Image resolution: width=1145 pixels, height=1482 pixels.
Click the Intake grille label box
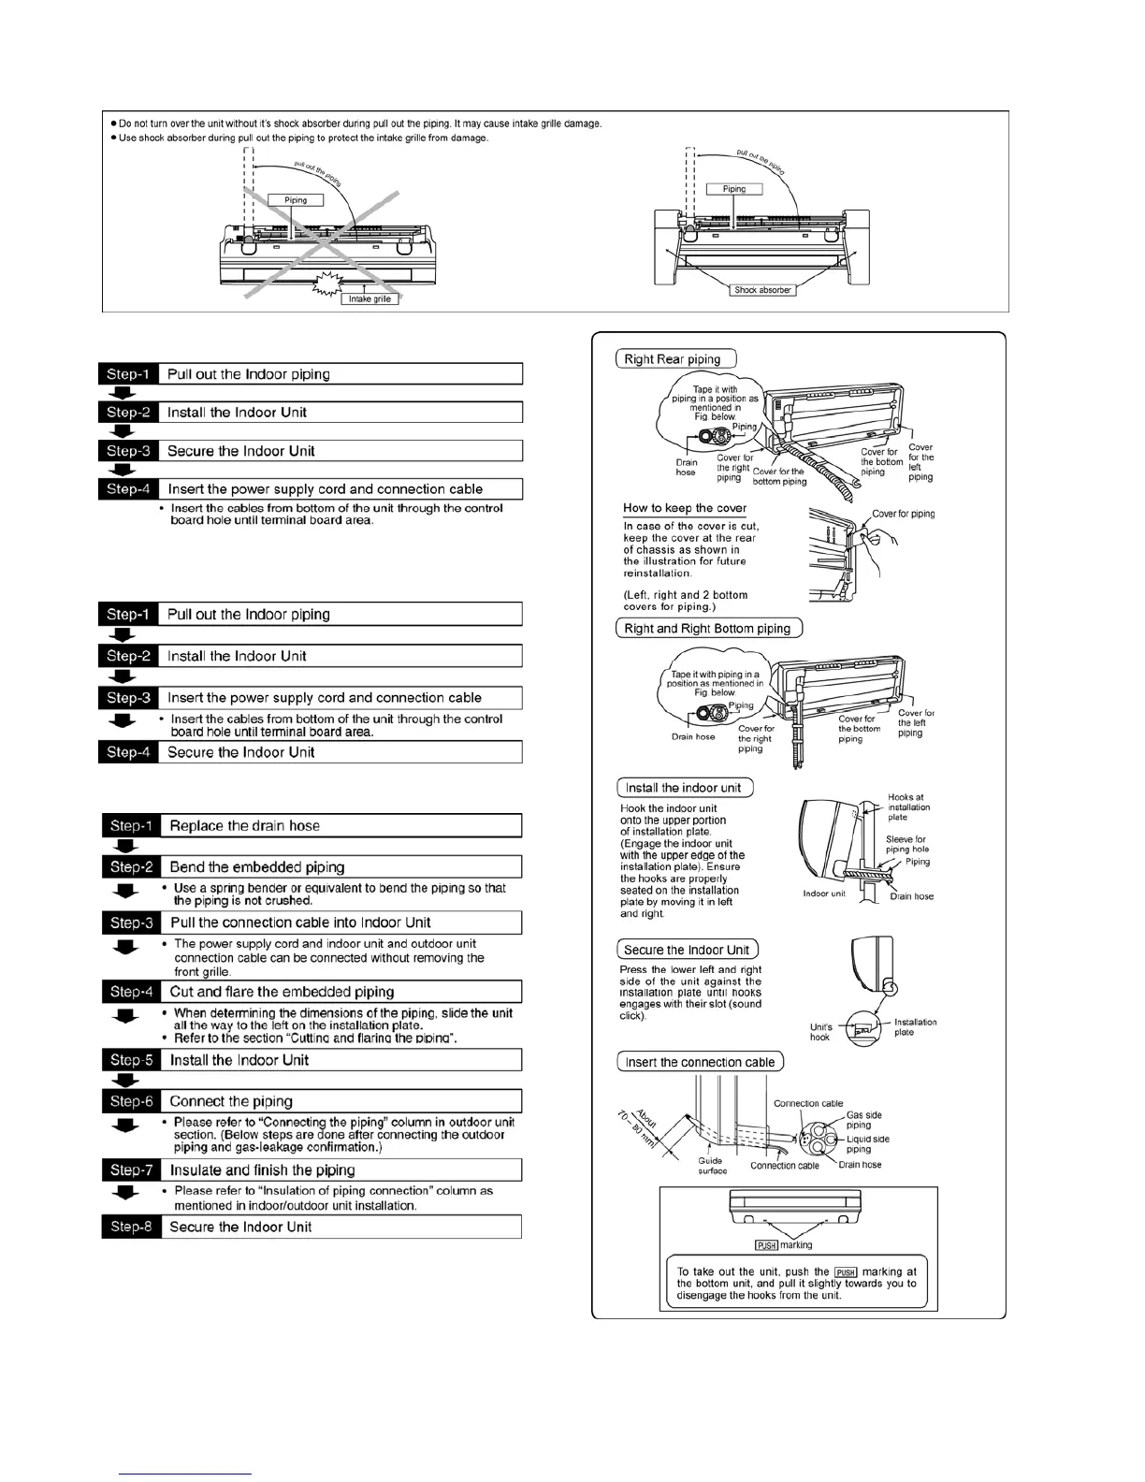coord(370,298)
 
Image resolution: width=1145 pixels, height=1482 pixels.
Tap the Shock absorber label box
coord(762,290)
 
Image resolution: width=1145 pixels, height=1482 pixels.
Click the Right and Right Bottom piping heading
coord(708,629)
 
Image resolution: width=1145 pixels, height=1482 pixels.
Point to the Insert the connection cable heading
coord(700,1062)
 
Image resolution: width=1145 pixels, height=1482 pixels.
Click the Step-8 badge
coord(130,1227)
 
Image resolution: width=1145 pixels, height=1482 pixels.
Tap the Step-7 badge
coord(130,1170)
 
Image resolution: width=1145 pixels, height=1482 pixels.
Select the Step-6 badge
coord(130,1101)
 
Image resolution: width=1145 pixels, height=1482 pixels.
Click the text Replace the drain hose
coord(244,826)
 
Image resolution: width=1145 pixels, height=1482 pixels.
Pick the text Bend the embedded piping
coord(257,867)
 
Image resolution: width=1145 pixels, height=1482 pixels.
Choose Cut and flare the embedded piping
coord(282,992)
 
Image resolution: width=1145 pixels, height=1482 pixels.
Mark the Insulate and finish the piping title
coord(262,1170)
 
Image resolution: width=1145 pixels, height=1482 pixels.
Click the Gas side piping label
coord(863,1120)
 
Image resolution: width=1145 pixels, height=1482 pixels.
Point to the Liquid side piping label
coord(867,1144)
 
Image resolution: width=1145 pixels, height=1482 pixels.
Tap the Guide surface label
coord(712,1166)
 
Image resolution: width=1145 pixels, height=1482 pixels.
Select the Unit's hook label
coord(819,1032)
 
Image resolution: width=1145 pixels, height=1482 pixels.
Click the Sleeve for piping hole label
coord(906,844)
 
